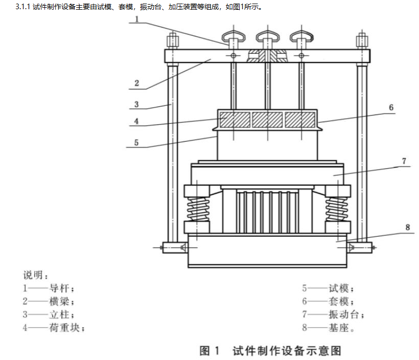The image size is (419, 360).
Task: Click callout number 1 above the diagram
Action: pos(138,19)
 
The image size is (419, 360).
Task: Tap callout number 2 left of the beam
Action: pos(136,82)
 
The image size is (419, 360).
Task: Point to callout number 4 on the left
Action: pos(136,122)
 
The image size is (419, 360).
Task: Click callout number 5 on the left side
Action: pos(136,143)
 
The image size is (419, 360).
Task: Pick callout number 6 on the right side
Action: pos(391,107)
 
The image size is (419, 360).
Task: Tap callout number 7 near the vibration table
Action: pos(404,161)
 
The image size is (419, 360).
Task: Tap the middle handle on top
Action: pos(267,36)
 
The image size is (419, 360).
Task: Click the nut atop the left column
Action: pos(172,39)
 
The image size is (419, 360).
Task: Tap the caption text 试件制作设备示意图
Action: pos(286,351)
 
